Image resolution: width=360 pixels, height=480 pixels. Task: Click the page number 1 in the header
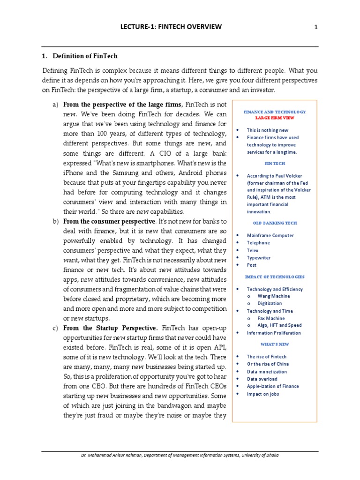316,27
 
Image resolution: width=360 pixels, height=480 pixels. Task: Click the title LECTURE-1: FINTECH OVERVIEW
171,27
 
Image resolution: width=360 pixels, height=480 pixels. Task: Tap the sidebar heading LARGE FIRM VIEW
275,118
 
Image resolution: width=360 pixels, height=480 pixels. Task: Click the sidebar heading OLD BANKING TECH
275,223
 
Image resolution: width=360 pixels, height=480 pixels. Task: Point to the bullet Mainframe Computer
270,235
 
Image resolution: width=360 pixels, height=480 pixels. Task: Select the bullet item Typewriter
258,258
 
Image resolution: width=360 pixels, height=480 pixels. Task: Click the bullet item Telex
253,250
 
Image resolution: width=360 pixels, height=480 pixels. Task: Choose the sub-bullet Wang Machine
274,296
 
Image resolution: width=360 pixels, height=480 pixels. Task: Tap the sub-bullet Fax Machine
271,318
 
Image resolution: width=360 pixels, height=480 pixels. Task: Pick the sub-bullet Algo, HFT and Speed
279,325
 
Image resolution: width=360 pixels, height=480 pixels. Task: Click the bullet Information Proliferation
274,333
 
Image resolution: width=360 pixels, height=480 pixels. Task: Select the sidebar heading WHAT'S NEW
275,344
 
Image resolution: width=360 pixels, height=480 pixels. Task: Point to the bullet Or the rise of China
266,364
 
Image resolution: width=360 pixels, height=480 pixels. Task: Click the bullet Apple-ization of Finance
273,386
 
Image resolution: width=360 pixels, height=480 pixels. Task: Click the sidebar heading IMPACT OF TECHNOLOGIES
275,277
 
